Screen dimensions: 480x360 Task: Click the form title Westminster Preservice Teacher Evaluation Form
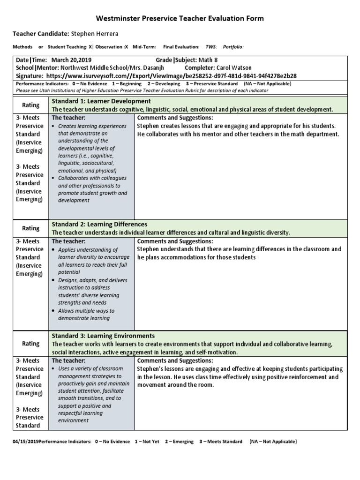tap(180, 19)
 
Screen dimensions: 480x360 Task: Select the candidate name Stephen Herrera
tap(95, 34)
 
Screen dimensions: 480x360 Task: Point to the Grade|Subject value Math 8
tap(208, 60)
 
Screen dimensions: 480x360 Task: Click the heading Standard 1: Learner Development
tap(101, 101)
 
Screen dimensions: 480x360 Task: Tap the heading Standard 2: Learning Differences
tap(99, 225)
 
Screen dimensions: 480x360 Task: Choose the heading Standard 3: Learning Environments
tap(103, 336)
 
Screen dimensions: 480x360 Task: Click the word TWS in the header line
tap(212, 47)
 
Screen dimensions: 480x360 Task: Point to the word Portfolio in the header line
tap(233, 47)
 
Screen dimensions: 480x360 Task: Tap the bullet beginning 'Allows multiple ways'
tap(86, 315)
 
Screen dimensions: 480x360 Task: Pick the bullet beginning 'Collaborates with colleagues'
tap(89, 189)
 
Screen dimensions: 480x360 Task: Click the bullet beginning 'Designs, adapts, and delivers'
tap(89, 284)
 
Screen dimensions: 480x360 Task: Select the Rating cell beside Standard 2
tap(31, 228)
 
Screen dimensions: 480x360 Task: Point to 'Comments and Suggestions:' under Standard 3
tap(175, 360)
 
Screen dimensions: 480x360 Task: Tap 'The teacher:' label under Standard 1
tap(68, 118)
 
